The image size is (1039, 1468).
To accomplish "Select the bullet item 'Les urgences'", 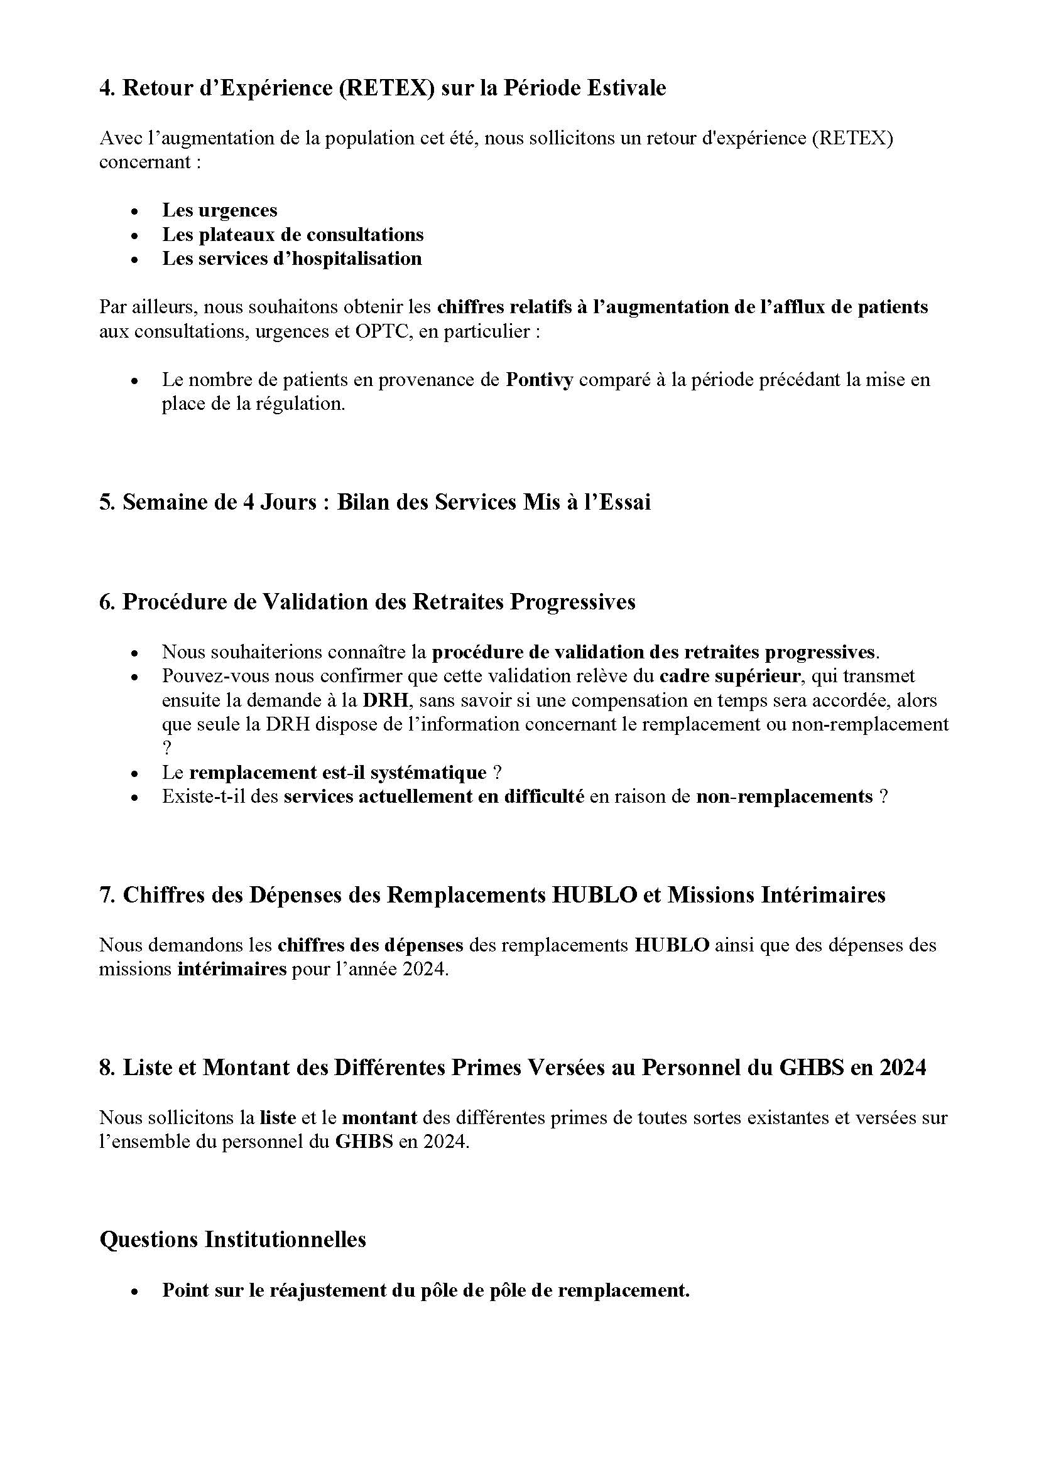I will pyautogui.click(x=219, y=210).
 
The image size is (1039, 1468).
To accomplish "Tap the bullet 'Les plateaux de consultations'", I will pyautogui.click(x=292, y=234).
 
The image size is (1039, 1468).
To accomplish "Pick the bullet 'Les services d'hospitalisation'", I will pyautogui.click(x=291, y=259).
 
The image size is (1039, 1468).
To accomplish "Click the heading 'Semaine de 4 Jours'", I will pyautogui.click(x=220, y=502).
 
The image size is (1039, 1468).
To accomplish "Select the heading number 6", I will pyautogui.click(x=106, y=602).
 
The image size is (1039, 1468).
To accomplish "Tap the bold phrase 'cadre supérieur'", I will pyautogui.click(x=729, y=676).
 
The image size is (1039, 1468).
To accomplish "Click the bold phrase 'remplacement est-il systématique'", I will pyautogui.click(x=338, y=773).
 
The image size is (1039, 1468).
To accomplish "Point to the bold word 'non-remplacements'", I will pyautogui.click(x=785, y=796).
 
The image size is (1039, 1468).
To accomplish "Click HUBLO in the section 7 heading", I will pyautogui.click(x=594, y=894).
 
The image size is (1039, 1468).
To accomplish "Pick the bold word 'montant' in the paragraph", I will pyautogui.click(x=379, y=1118).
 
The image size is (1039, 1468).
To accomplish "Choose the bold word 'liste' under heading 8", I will pyautogui.click(x=278, y=1118).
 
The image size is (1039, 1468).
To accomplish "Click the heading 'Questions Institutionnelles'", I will pyautogui.click(x=233, y=1240).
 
